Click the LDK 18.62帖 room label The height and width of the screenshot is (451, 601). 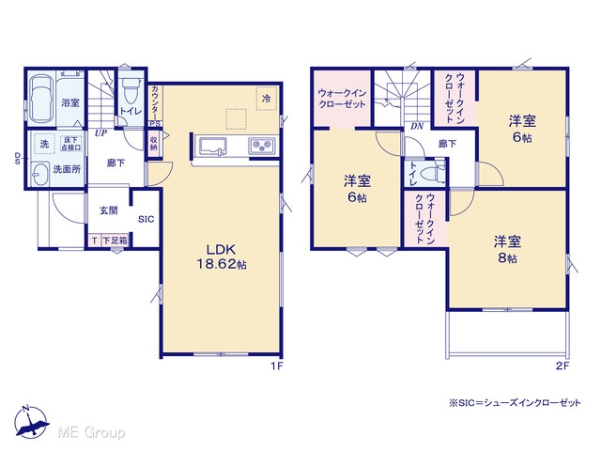pyautogui.click(x=222, y=257)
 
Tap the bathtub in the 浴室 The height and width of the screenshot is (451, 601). pyautogui.click(x=41, y=99)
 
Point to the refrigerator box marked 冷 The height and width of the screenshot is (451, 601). pyautogui.click(x=266, y=99)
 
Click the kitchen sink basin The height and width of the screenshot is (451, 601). pyautogui.click(x=213, y=147)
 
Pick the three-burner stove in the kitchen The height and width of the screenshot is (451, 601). pyautogui.click(x=262, y=146)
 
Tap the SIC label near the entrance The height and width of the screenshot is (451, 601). pyautogui.click(x=146, y=219)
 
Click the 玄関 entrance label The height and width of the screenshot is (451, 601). pyautogui.click(x=109, y=210)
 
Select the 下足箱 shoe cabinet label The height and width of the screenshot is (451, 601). pyautogui.click(x=115, y=241)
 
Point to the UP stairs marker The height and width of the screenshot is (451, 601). pyautogui.click(x=100, y=133)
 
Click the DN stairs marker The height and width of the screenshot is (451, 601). pyautogui.click(x=417, y=126)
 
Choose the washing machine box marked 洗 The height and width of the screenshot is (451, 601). pyautogui.click(x=44, y=144)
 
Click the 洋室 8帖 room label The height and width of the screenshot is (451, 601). pyautogui.click(x=507, y=249)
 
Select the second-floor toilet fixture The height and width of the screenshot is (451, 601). pyautogui.click(x=434, y=172)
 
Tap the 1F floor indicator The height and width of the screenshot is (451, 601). pyautogui.click(x=277, y=365)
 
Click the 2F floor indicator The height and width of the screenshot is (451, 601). pyautogui.click(x=562, y=365)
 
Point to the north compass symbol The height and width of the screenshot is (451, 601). pyautogui.click(x=31, y=422)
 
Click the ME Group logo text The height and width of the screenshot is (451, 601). pyautogui.click(x=91, y=432)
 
